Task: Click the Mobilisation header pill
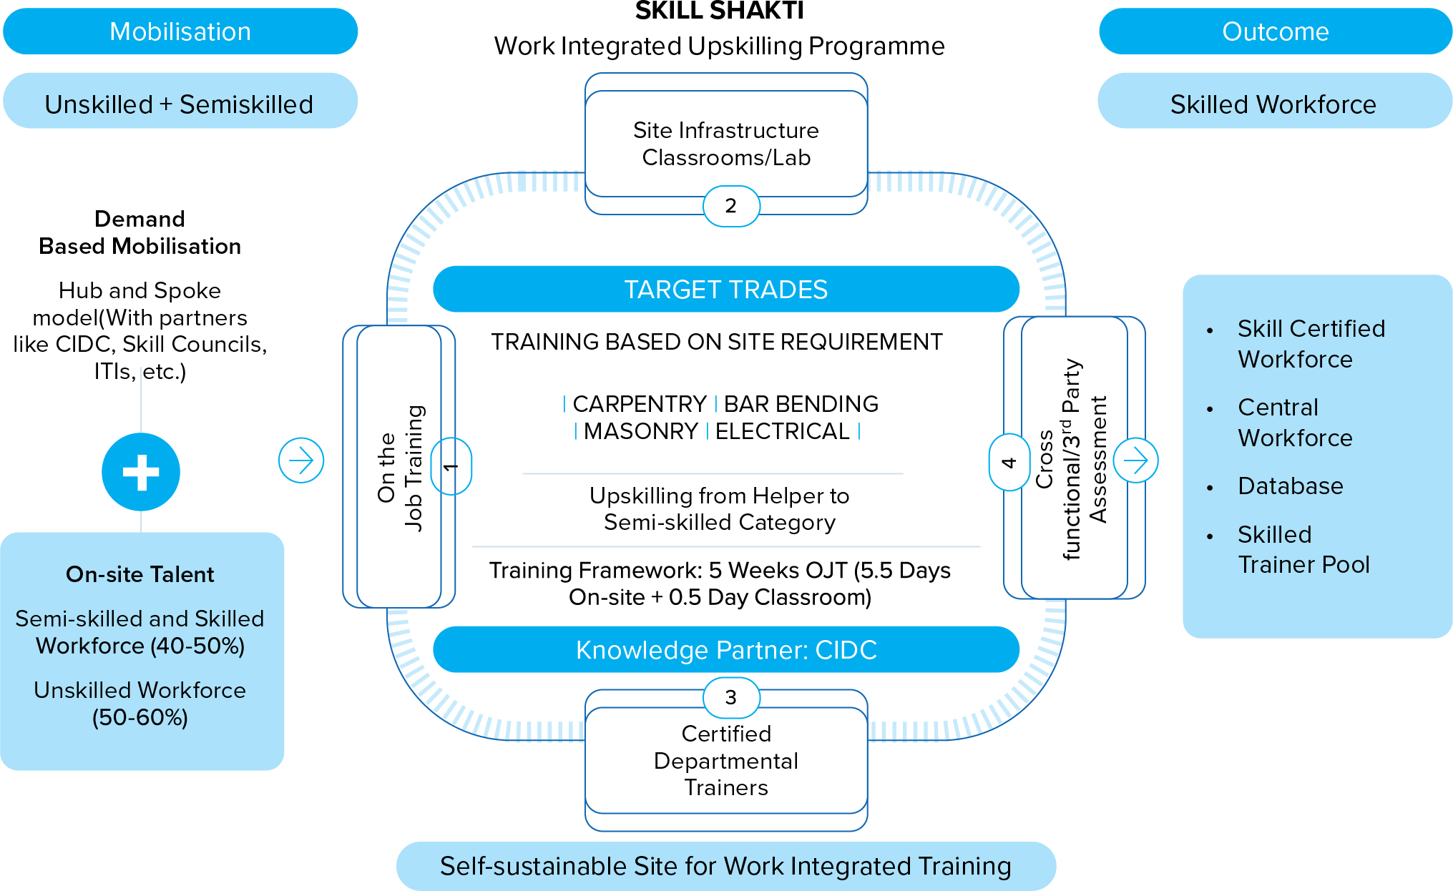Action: pyautogui.click(x=180, y=31)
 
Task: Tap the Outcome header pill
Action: pyautogui.click(x=1275, y=31)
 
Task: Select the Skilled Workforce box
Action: pyautogui.click(x=1273, y=104)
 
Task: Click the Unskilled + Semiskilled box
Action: pyautogui.click(x=179, y=104)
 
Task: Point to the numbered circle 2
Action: pyautogui.click(x=730, y=206)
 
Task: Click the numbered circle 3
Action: pyautogui.click(x=730, y=697)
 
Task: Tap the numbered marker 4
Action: pyautogui.click(x=1009, y=463)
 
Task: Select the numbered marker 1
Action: pyautogui.click(x=451, y=466)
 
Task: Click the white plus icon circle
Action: pyautogui.click(x=141, y=472)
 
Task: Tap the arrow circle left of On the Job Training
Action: pyautogui.click(x=301, y=461)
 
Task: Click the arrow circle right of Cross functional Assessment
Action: pyautogui.click(x=1135, y=461)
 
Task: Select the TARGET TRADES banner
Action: pyautogui.click(x=725, y=290)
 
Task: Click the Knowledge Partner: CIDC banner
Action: pyautogui.click(x=725, y=650)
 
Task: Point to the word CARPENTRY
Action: pyautogui.click(x=640, y=404)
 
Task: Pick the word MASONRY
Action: pyautogui.click(x=641, y=431)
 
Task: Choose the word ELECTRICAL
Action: pyautogui.click(x=783, y=431)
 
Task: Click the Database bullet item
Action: pyautogui.click(x=1291, y=486)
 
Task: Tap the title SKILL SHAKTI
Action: pyautogui.click(x=719, y=11)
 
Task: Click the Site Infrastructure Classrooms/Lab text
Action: pyautogui.click(x=726, y=144)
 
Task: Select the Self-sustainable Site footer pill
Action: pyautogui.click(x=725, y=866)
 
